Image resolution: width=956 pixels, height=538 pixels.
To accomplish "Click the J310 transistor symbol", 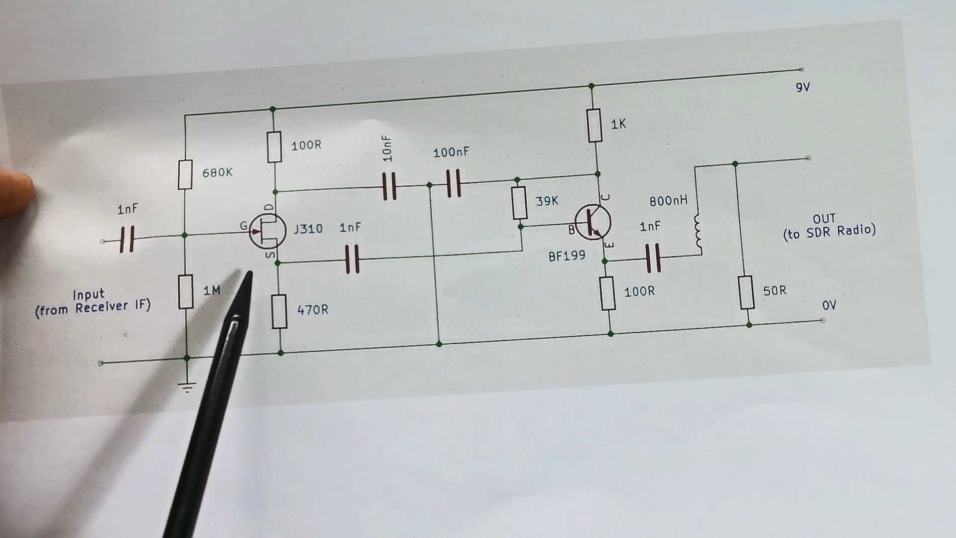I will click(267, 231).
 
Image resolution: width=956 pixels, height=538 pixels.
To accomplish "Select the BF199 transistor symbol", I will click(593, 222).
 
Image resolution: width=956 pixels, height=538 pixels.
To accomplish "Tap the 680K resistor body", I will click(185, 174).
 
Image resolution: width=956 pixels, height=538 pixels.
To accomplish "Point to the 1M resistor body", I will click(186, 291).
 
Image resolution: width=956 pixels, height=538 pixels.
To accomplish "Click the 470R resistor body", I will click(279, 311).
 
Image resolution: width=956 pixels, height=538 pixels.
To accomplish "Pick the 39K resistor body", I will click(519, 203).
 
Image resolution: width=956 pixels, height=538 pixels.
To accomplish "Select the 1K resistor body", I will click(595, 125).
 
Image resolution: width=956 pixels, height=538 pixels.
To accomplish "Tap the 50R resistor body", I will click(746, 292).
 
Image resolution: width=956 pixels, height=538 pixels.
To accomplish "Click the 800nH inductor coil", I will click(698, 232).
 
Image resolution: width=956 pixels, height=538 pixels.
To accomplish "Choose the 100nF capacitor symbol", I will click(453, 183).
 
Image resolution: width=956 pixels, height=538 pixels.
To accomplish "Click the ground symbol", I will click(187, 387).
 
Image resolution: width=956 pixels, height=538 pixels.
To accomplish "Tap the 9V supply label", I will click(803, 88).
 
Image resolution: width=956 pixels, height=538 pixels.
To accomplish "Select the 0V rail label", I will click(829, 305).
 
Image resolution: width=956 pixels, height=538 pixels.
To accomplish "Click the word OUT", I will click(824, 219).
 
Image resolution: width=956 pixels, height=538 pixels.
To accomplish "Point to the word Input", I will click(89, 295).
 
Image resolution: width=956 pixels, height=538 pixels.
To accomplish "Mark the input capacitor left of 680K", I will click(127, 240).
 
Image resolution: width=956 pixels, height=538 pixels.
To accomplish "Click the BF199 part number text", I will click(567, 256).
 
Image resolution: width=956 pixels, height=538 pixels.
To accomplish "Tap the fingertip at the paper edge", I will click(17, 192).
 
